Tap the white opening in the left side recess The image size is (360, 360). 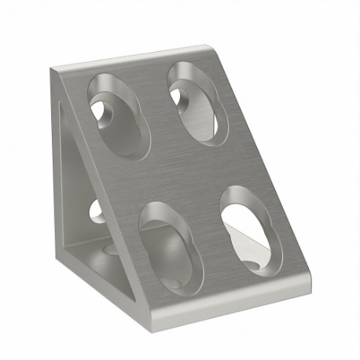tap(95, 211)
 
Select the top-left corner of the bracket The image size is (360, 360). tap(53, 71)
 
